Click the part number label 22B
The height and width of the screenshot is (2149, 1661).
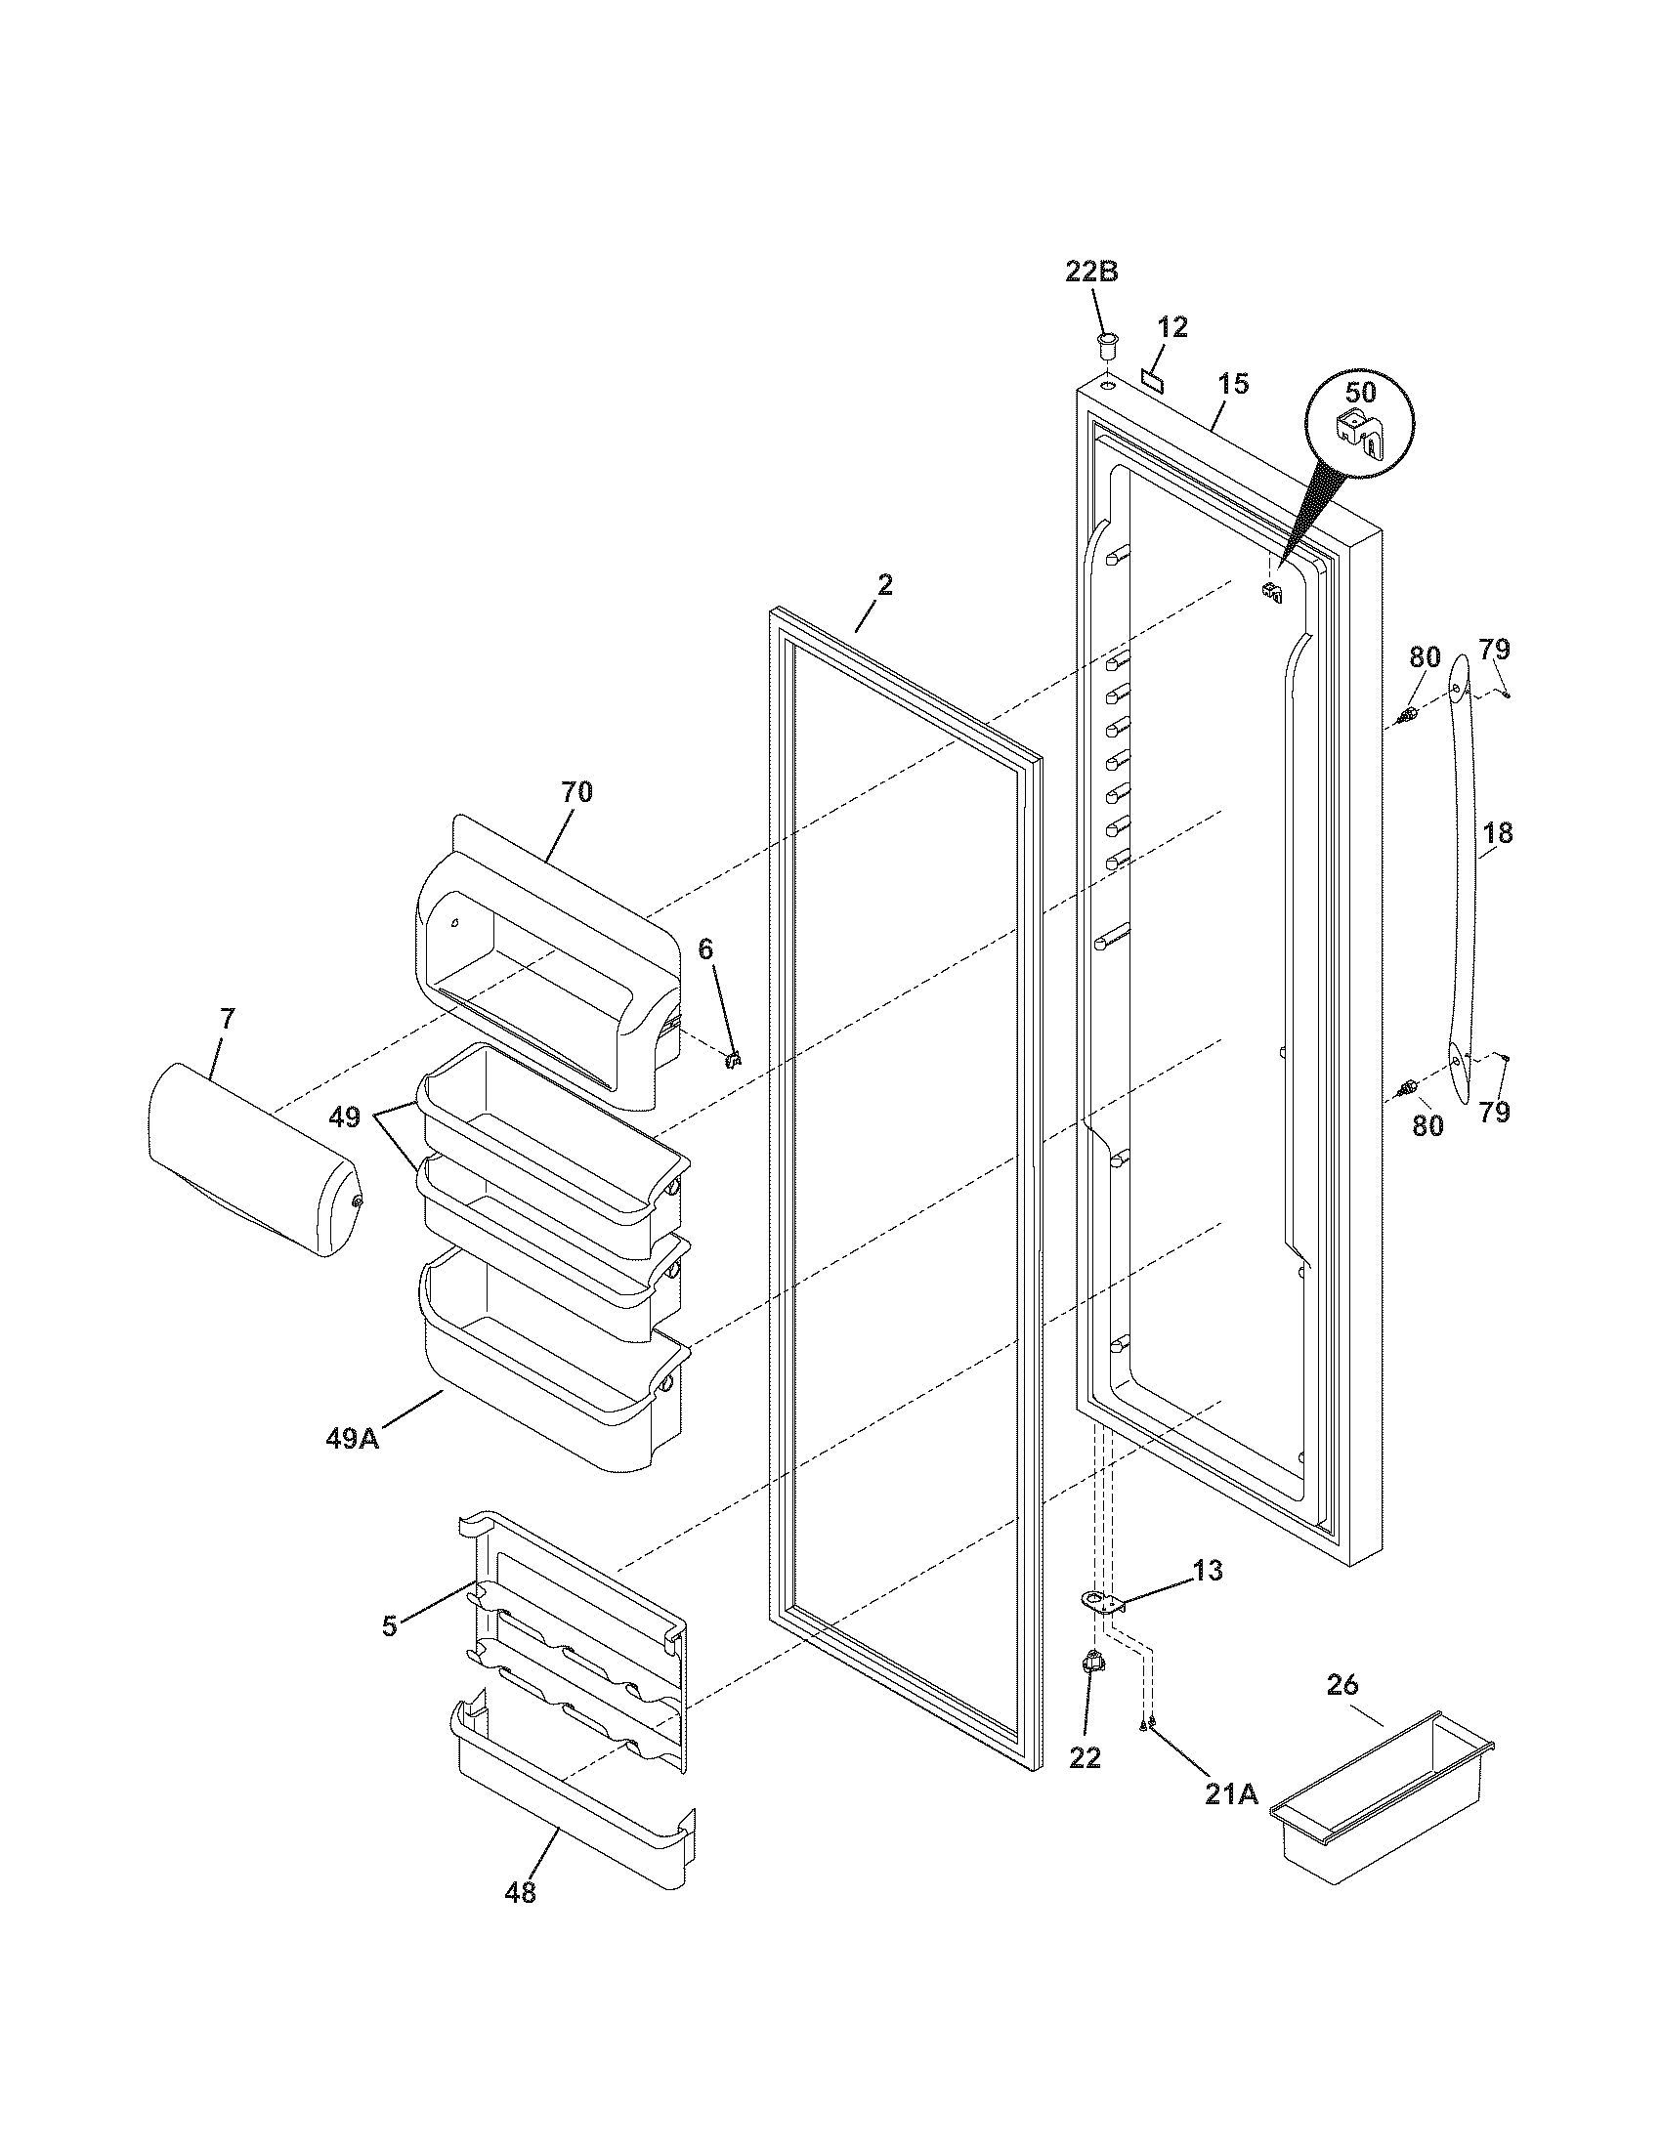click(1091, 272)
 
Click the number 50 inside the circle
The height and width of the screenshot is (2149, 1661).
click(1360, 393)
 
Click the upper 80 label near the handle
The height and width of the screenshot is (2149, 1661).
click(1425, 657)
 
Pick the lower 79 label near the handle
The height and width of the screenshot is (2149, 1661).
click(1494, 1113)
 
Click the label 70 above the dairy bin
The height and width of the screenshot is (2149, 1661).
click(576, 792)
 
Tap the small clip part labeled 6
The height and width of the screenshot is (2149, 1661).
click(732, 1059)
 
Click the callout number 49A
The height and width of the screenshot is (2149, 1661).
click(353, 1439)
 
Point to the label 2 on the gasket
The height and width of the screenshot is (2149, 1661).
click(884, 585)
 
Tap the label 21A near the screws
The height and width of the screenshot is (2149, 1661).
click(1231, 1792)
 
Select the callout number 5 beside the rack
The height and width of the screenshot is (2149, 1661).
click(391, 1626)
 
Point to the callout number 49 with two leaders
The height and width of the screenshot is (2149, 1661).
click(344, 1117)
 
